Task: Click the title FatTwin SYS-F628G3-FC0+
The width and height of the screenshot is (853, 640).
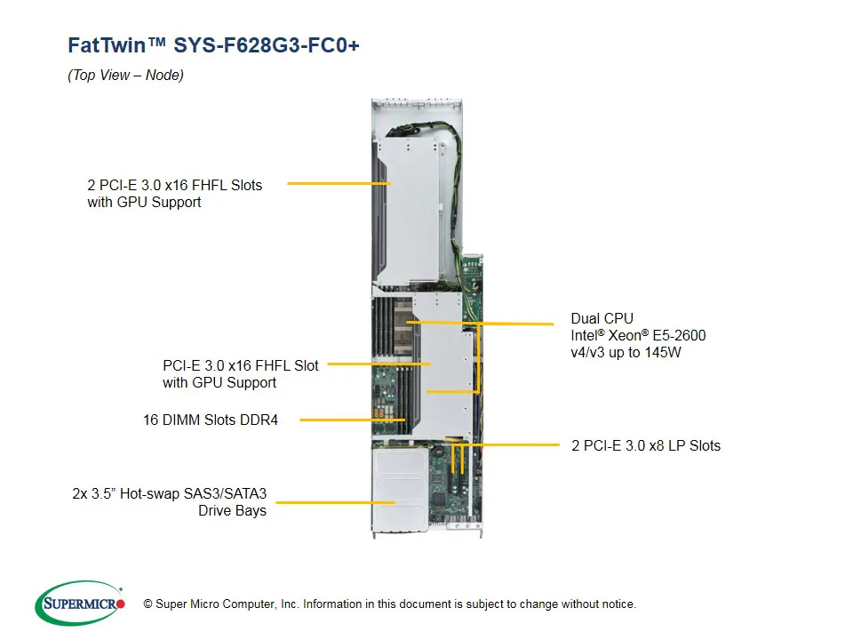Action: (x=213, y=45)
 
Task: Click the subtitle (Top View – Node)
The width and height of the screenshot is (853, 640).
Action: (x=125, y=76)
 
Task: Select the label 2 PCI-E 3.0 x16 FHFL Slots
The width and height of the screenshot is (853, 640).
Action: (x=175, y=185)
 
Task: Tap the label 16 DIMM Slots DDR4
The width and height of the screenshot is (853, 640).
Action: (x=211, y=420)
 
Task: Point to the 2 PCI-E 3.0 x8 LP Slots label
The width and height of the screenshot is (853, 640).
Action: (x=646, y=445)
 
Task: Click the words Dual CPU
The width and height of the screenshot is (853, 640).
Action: (x=602, y=318)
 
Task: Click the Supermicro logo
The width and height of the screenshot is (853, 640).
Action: (x=80, y=604)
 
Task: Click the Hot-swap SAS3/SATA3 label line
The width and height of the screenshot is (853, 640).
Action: (x=170, y=493)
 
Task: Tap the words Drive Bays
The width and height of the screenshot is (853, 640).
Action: (x=232, y=511)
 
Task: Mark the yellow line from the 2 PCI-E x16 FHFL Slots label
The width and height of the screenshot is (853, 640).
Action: (x=339, y=184)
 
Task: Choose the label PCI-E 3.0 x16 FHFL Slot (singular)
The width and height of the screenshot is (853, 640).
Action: (x=240, y=365)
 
